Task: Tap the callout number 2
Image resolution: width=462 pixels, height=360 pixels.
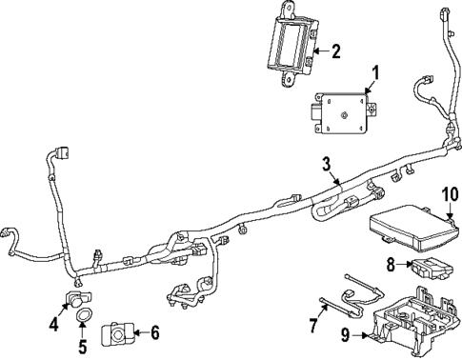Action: click(x=334, y=51)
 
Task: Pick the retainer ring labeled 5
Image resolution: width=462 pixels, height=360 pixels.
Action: click(x=85, y=314)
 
